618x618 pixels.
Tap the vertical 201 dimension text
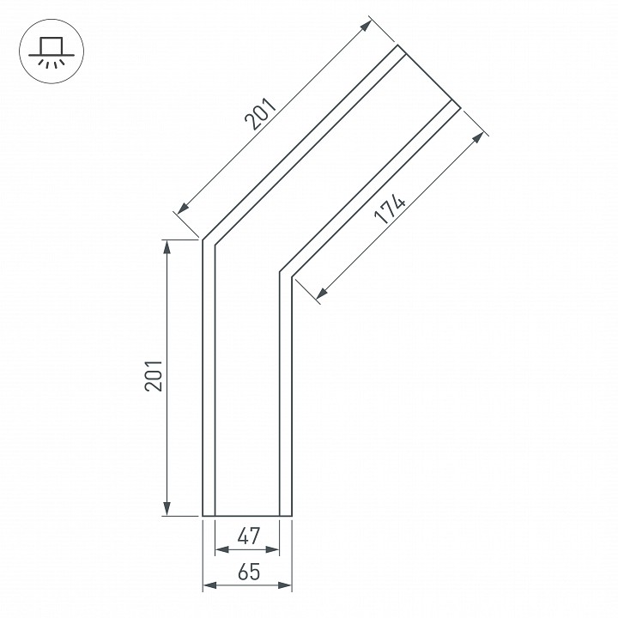pyautogui.click(x=154, y=375)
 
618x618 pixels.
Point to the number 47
pyautogui.click(x=248, y=537)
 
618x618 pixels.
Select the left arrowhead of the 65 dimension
pyautogui.click(x=209, y=585)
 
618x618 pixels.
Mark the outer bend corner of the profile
pyautogui.click(x=203, y=240)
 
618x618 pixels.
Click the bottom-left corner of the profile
pyautogui.click(x=203, y=516)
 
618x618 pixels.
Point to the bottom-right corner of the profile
pyautogui.click(x=292, y=516)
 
